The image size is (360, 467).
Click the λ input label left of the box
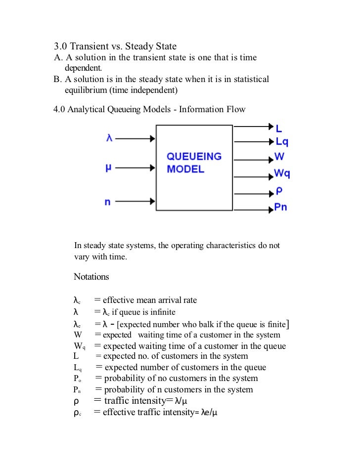point(109,138)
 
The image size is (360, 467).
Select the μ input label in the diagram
point(108,169)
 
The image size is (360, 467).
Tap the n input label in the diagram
point(107,201)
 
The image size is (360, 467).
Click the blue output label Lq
point(282,142)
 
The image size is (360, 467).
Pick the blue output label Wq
point(282,174)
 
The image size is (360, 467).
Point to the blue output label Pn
point(280,207)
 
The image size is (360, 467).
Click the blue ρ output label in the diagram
point(278,192)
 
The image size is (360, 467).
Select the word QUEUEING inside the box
point(194,157)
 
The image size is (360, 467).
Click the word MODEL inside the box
point(185,169)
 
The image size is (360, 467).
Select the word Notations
point(91,277)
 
